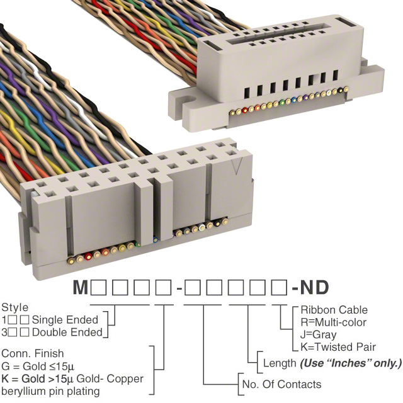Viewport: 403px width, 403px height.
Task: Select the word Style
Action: pyautogui.click(x=14, y=308)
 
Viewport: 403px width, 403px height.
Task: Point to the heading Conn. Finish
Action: pyautogui.click(x=32, y=353)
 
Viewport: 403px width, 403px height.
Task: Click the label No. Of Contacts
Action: pyautogui.click(x=281, y=384)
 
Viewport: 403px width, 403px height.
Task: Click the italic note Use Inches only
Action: pyautogui.click(x=351, y=363)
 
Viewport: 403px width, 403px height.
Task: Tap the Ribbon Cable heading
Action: pyautogui.click(x=334, y=310)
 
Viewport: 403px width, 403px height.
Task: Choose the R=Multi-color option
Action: pyautogui.click(x=334, y=322)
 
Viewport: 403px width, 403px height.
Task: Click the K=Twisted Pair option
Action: pyautogui.click(x=338, y=347)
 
